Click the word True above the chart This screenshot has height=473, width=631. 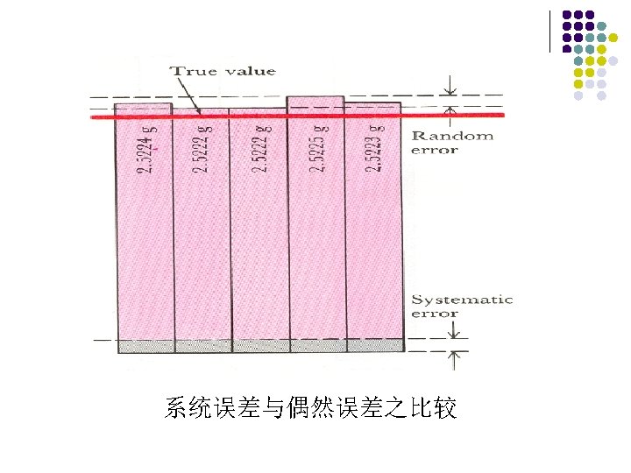(188, 72)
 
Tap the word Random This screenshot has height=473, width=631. (452, 135)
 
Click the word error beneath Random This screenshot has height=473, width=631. (435, 150)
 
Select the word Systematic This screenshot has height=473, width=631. (462, 299)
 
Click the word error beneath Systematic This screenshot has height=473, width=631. (435, 314)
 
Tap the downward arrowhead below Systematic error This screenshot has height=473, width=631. (454, 334)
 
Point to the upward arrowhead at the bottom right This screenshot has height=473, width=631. (454, 357)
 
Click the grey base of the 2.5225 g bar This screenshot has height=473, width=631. (317, 346)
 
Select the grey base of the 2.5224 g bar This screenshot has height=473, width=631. (145, 346)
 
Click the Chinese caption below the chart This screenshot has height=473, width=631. (310, 408)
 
